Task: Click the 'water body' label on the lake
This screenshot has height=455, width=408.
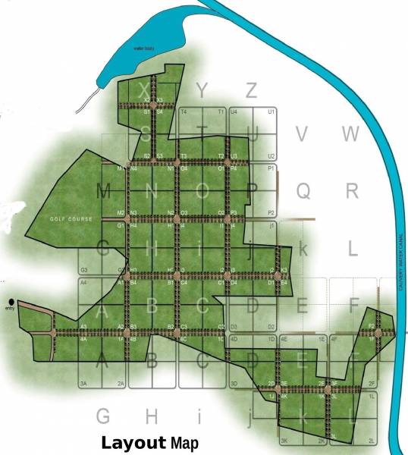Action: (143, 49)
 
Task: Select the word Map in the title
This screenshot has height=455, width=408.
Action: (184, 443)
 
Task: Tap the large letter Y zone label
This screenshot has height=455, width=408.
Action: (201, 90)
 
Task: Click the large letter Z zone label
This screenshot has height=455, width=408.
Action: (251, 89)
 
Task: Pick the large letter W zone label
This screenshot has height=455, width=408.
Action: (350, 134)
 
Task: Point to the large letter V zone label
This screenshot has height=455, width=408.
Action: (302, 134)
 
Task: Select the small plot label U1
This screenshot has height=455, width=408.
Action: (271, 111)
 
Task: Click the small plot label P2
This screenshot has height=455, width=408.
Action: (271, 212)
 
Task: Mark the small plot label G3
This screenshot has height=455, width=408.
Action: (84, 270)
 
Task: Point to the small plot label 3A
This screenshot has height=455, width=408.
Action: (84, 384)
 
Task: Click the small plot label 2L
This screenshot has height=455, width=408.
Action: (372, 441)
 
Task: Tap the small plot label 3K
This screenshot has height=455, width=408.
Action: (284, 441)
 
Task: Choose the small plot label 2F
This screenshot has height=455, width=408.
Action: (372, 384)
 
